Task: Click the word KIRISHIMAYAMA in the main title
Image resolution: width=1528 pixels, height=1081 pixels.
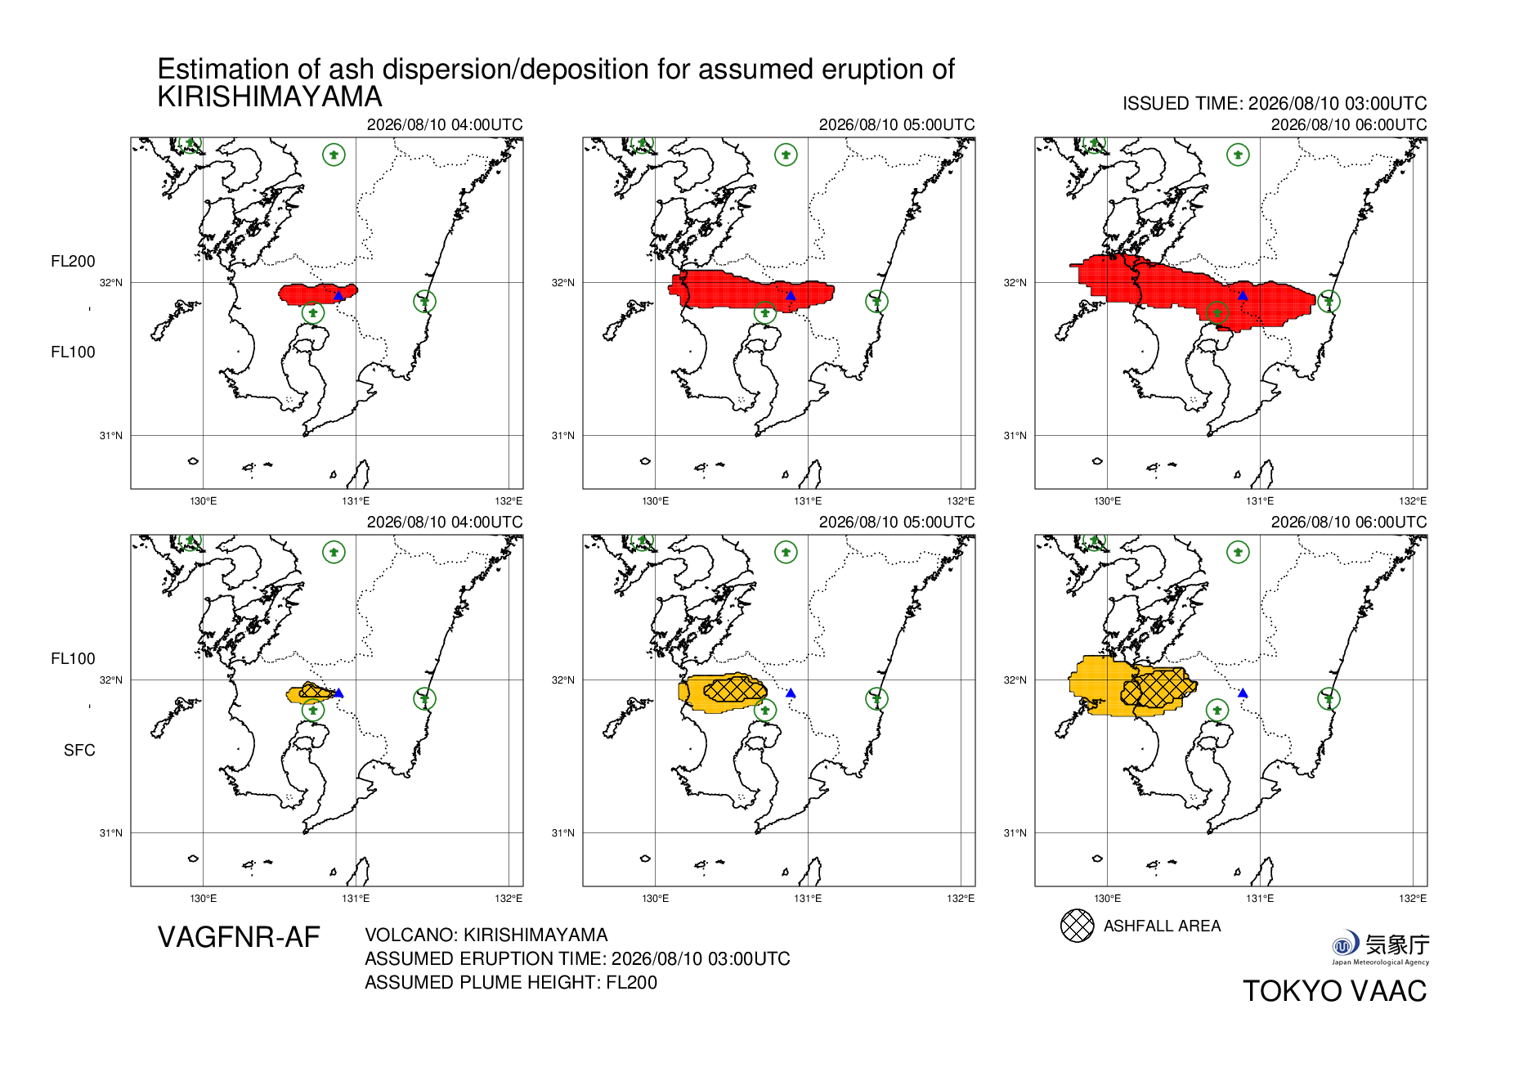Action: [270, 96]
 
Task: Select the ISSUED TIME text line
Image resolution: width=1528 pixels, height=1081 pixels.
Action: [1275, 104]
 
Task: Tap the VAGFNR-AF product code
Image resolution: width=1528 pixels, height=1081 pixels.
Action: [239, 937]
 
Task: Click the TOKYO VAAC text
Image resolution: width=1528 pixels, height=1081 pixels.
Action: [1335, 991]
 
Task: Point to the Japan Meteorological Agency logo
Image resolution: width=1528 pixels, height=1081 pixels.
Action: [1380, 948]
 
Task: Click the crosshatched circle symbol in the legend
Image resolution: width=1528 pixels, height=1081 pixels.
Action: [1077, 926]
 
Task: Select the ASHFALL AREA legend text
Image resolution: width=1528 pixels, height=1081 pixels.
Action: [1162, 926]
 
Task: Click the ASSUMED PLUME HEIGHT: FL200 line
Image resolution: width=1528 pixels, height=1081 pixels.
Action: [511, 982]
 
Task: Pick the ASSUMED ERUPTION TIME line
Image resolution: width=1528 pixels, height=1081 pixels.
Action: [577, 958]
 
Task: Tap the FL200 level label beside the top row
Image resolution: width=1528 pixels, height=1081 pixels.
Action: [73, 261]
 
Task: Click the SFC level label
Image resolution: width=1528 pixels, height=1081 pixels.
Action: [79, 750]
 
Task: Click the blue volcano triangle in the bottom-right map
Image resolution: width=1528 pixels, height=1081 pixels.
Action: [1243, 693]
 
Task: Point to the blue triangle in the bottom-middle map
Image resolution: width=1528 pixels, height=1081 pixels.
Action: [791, 693]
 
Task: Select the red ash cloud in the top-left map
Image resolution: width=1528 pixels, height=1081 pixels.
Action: [318, 294]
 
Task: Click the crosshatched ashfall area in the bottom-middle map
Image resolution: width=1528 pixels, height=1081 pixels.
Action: [734, 689]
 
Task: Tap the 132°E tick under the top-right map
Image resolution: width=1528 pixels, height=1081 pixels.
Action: [1413, 500]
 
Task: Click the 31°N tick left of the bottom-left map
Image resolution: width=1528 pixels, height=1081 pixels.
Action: [110, 832]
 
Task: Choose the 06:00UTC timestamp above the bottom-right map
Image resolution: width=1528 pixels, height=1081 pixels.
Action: [1349, 522]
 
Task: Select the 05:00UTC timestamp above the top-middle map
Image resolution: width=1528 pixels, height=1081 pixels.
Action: [897, 124]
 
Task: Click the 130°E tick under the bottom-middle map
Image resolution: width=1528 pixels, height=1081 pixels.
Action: [655, 898]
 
